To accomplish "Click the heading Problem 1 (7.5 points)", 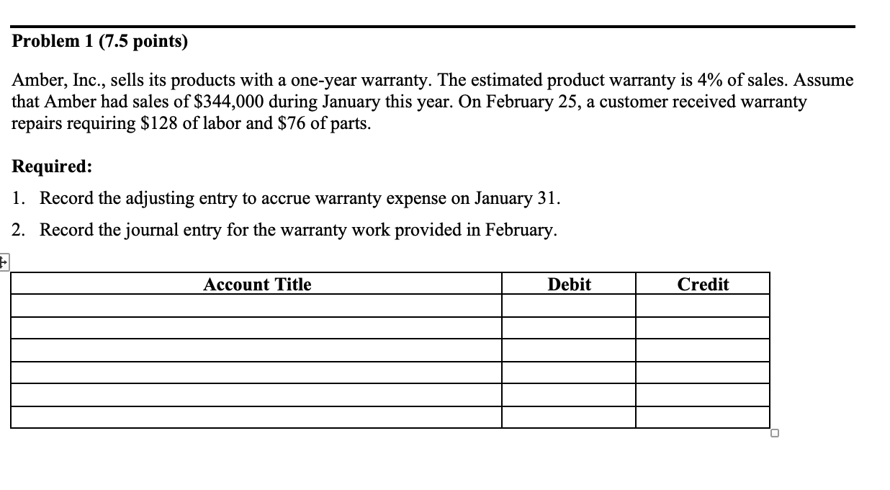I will (100, 42).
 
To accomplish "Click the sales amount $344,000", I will (230, 102).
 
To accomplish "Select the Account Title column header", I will (257, 285).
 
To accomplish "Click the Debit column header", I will (569, 285).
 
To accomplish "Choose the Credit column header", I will (703, 285).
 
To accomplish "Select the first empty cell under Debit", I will (569, 306).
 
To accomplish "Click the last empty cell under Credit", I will (703, 417).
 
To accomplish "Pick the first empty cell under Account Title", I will (257, 306).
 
